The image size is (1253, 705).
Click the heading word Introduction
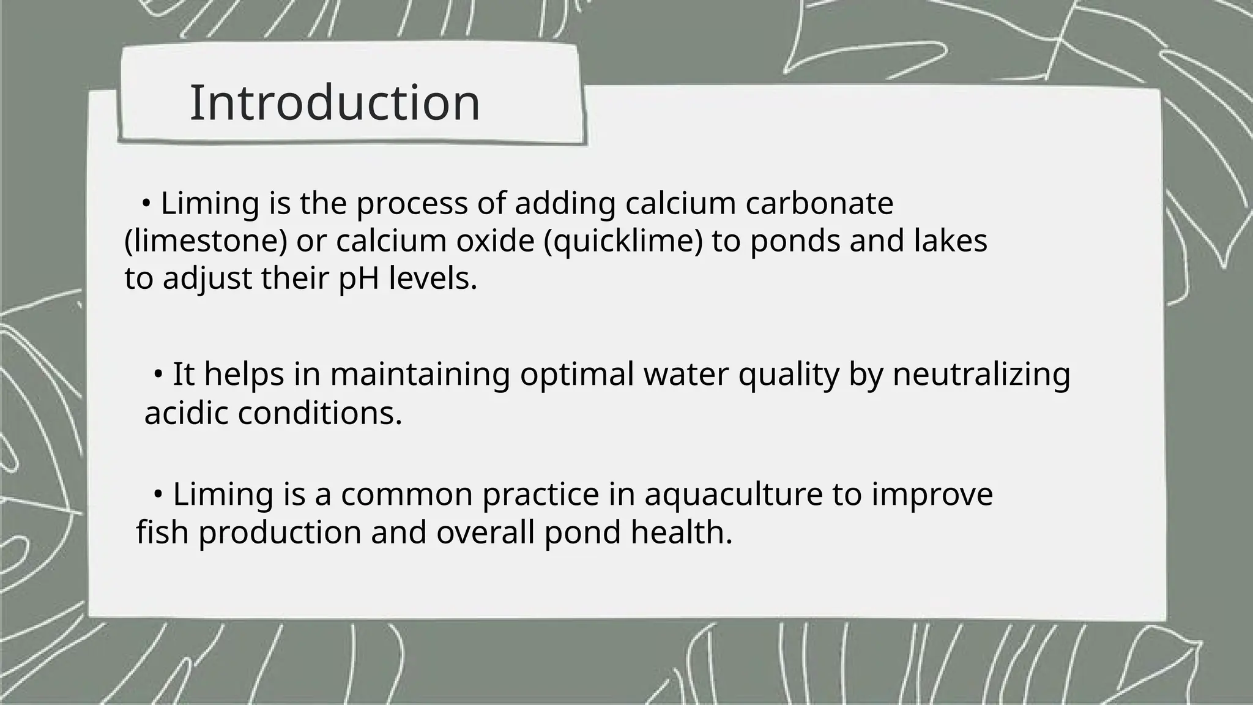pos(335,103)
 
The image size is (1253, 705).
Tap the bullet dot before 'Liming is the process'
pos(146,203)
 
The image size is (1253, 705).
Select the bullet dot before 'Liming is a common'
pos(158,493)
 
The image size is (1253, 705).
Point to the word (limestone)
pos(206,241)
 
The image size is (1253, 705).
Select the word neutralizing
pos(981,374)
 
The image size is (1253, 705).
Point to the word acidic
pos(186,413)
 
